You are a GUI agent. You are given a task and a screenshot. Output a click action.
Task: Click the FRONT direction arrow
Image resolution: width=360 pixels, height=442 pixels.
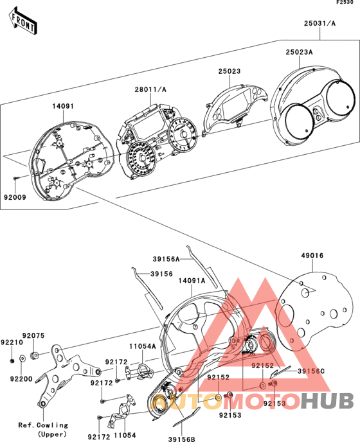click(x=23, y=21)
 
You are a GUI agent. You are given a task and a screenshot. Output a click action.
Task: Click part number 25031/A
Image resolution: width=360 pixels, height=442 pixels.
click(x=319, y=23)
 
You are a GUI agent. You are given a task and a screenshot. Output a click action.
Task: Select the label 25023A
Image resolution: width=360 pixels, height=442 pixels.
click(x=299, y=52)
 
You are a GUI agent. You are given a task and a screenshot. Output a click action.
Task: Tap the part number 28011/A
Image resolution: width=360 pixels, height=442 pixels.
click(x=150, y=90)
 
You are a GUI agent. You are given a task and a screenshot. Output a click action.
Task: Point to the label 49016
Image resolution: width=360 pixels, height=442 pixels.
click(x=312, y=256)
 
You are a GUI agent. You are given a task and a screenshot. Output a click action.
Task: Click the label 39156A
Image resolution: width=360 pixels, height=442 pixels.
click(x=166, y=259)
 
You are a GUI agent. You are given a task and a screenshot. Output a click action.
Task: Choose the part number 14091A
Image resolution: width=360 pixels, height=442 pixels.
click(x=192, y=281)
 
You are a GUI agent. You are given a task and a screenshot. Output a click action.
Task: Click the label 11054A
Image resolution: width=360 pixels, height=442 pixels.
click(x=143, y=346)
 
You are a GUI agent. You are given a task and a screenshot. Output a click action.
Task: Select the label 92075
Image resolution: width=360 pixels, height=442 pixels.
click(x=33, y=336)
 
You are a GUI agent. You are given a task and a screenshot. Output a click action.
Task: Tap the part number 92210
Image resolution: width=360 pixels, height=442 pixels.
click(x=12, y=342)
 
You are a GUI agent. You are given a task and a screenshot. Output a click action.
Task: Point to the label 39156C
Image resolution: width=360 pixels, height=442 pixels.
click(x=311, y=371)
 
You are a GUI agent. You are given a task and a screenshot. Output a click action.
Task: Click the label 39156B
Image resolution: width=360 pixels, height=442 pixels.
click(x=182, y=439)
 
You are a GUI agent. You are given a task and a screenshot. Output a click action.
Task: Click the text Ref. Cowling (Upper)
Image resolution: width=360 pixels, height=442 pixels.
click(x=44, y=430)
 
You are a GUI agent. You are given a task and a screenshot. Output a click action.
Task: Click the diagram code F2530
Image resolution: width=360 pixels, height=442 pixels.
click(x=345, y=3)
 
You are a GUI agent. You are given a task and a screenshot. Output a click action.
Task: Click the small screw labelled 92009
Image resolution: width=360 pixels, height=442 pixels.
click(x=16, y=178)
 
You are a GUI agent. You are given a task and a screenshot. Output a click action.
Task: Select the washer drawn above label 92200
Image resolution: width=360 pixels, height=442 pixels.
click(x=22, y=358)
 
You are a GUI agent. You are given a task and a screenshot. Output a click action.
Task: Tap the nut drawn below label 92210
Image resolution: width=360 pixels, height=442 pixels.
click(x=12, y=361)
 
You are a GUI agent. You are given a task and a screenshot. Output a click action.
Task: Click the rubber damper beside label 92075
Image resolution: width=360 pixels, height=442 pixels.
click(x=35, y=356)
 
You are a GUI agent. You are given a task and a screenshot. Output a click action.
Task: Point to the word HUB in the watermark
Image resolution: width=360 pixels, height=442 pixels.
click(x=327, y=401)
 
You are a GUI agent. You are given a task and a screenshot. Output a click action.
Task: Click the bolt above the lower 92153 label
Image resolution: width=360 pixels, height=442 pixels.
click(x=228, y=395)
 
